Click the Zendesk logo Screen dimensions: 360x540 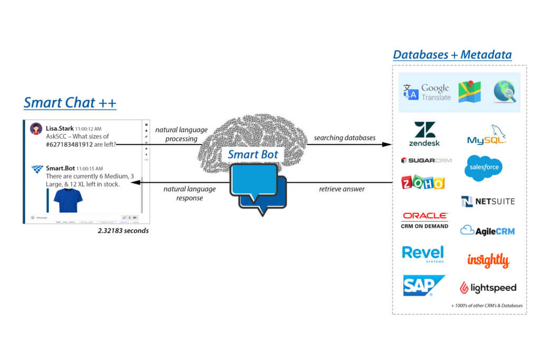pos(424,134)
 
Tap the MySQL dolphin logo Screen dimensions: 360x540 pos(487,135)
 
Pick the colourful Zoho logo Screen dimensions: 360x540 pos(423,182)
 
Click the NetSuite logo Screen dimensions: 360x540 pos(488,201)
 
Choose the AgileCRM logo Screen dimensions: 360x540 pos(487,230)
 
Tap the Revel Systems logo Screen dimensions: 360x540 pos(423,254)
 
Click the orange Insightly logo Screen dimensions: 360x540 pos(488,260)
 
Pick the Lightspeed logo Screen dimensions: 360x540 pos(488,288)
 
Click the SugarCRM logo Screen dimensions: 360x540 pos(426,160)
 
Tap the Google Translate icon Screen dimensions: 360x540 pos(411,93)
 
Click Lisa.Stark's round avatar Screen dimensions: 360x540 pos(36,129)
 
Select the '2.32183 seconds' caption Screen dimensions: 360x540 pos(123,231)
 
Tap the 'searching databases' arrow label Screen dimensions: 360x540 pos(344,138)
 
